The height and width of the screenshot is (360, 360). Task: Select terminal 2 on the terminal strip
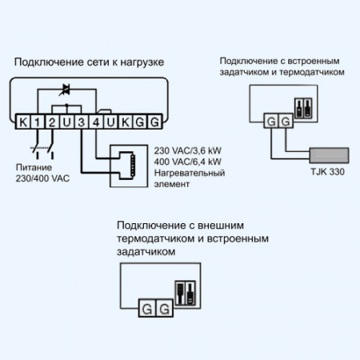(51, 122)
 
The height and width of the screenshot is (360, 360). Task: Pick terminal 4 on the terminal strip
(96, 122)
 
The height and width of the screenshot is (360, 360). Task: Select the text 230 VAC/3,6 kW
(187, 150)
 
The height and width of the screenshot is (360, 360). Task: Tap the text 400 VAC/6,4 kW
(187, 162)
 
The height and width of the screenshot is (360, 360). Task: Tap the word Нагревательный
(189, 173)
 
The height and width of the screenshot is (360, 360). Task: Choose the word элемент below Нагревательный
(170, 184)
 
